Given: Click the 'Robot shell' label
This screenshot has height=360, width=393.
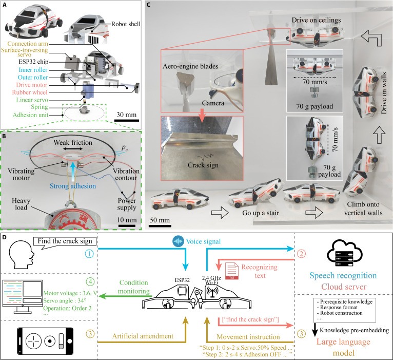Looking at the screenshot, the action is (x=126, y=24).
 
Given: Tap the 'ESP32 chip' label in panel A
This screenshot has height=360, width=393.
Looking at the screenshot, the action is (x=33, y=62).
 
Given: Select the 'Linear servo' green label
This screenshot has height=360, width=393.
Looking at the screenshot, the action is (x=32, y=100).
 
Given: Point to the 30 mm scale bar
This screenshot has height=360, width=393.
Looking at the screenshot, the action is (x=127, y=121).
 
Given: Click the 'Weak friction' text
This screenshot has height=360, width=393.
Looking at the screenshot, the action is (x=73, y=142).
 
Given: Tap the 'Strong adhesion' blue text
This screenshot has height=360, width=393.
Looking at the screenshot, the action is (x=73, y=186).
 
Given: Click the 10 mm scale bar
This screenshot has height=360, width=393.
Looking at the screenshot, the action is (x=127, y=226).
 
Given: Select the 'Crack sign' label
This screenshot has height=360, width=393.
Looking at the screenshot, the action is (x=203, y=165).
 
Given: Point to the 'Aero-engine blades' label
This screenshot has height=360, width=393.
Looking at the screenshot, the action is (x=190, y=66).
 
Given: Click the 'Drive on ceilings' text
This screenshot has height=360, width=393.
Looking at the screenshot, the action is (x=316, y=20).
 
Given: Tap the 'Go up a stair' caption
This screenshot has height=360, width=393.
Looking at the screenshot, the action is (x=261, y=213).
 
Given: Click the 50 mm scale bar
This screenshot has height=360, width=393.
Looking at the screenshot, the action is (x=160, y=226).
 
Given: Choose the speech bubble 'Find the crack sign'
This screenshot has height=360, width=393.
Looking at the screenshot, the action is (x=65, y=242).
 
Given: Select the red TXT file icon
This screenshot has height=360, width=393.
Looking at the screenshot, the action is (x=232, y=271).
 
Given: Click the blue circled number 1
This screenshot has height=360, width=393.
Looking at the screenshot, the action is (x=89, y=254).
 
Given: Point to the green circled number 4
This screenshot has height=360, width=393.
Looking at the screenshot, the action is (x=90, y=282).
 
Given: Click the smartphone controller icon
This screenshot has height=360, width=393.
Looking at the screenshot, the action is (x=45, y=340).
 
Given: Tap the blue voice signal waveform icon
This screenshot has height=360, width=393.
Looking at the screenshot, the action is (x=178, y=241).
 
